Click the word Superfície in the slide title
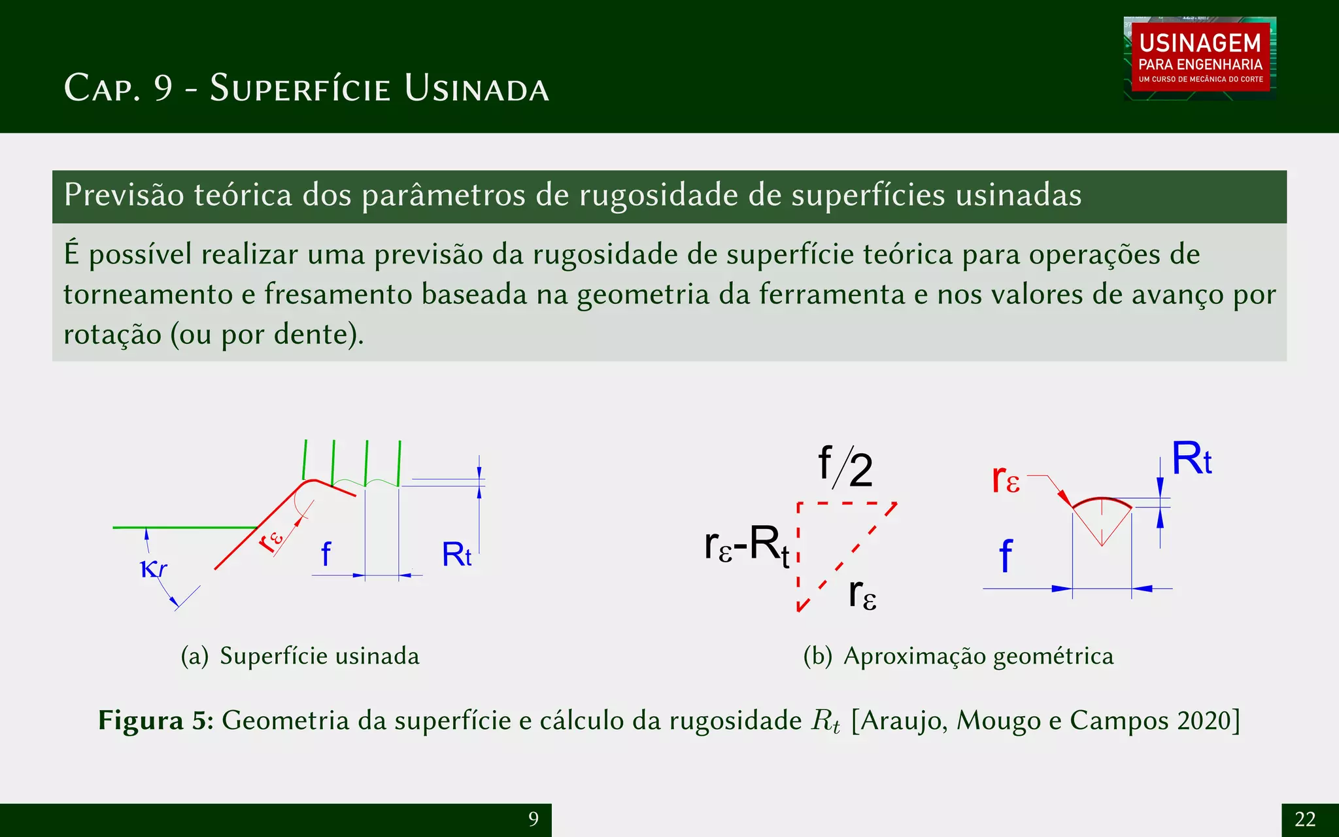pyautogui.click(x=300, y=88)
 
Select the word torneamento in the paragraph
pyautogui.click(x=147, y=294)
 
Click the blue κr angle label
pyautogui.click(x=154, y=569)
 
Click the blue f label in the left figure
pyautogui.click(x=326, y=555)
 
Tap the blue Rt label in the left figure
pyautogui.click(x=456, y=555)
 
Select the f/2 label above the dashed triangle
pyautogui.click(x=845, y=468)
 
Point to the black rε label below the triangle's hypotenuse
pyautogui.click(x=862, y=594)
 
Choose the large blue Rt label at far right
pyautogui.click(x=1191, y=459)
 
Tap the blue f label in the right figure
pyautogui.click(x=1006, y=556)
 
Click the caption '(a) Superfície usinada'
pyautogui.click(x=300, y=656)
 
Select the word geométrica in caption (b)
pyautogui.click(x=1053, y=656)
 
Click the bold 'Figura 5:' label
pyautogui.click(x=156, y=721)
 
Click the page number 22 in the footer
pyautogui.click(x=1305, y=819)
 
